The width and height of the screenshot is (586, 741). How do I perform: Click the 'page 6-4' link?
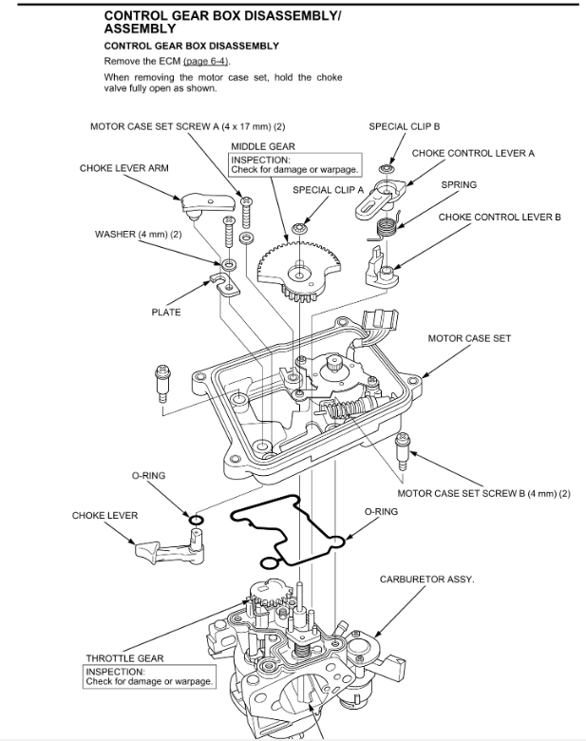(213, 61)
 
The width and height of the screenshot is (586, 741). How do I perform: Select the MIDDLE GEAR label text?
(262, 145)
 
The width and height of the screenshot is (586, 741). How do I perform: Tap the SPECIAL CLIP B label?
(405, 125)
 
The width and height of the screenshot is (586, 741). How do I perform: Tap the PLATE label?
(165, 312)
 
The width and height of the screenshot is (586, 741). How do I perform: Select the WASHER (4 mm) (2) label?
(138, 234)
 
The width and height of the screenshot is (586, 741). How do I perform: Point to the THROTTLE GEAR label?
(124, 657)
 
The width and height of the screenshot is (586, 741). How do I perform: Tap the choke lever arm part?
(208, 200)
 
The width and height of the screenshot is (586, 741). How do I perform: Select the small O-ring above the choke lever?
(195, 520)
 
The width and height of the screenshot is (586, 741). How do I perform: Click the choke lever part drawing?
(170, 549)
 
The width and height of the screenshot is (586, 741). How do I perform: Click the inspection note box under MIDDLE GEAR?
(295, 164)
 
